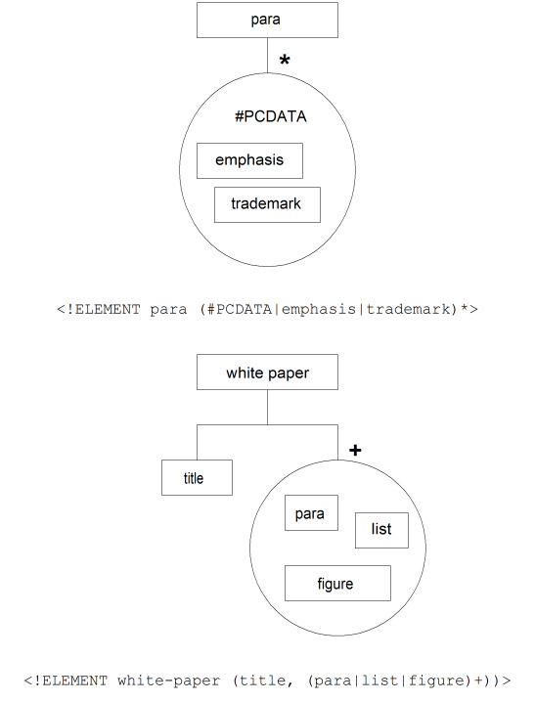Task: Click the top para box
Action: point(267,21)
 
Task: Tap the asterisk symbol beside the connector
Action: point(285,60)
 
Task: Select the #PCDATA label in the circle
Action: point(270,116)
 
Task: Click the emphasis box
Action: point(249,160)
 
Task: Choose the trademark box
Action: point(267,204)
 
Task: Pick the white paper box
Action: point(267,373)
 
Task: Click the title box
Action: point(197,478)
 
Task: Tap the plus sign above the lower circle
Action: point(355,450)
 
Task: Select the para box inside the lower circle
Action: point(311,512)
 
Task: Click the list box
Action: point(381,530)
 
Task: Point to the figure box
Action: point(337,584)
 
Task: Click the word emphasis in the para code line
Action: point(318,309)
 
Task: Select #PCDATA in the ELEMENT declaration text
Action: point(240,309)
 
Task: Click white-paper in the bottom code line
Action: point(169,680)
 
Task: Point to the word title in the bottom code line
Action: point(262,680)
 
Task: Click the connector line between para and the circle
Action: point(267,55)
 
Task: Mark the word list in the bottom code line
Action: point(379,680)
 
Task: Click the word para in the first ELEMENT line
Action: point(168,309)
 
